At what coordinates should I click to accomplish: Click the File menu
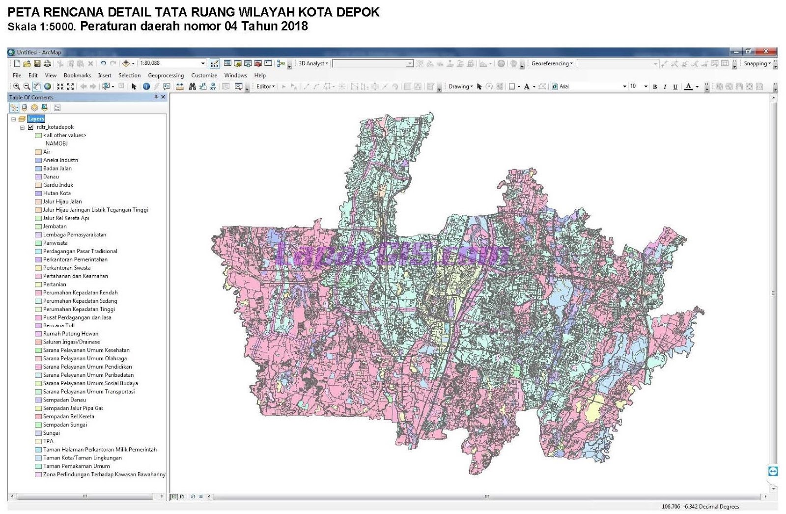17,75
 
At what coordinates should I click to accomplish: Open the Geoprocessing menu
166,75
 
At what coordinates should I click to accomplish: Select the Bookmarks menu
77,75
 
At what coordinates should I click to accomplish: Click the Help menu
260,75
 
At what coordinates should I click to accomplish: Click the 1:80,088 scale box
169,63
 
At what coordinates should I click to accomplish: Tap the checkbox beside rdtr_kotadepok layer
30,127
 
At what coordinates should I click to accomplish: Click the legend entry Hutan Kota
56,193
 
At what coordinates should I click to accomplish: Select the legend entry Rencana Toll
58,325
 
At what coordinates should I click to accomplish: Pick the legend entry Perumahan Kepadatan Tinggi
79,309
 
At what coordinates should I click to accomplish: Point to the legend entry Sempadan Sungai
65,425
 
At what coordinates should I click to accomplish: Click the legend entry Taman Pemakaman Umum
76,466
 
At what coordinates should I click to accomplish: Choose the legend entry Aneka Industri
60,160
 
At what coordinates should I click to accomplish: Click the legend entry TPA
48,441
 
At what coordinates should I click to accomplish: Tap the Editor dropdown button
265,86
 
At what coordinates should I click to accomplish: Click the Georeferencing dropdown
552,63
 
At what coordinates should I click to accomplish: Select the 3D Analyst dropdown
313,63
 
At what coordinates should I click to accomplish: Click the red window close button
766,52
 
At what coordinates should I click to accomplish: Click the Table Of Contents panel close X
163,97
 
